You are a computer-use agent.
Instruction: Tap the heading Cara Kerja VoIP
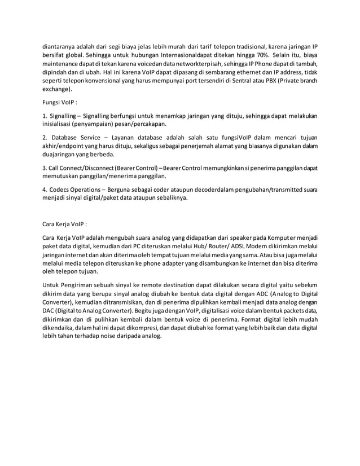65,223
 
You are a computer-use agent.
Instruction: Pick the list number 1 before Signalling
45,116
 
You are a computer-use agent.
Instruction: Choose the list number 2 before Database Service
45,137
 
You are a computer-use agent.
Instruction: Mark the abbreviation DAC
50,311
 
